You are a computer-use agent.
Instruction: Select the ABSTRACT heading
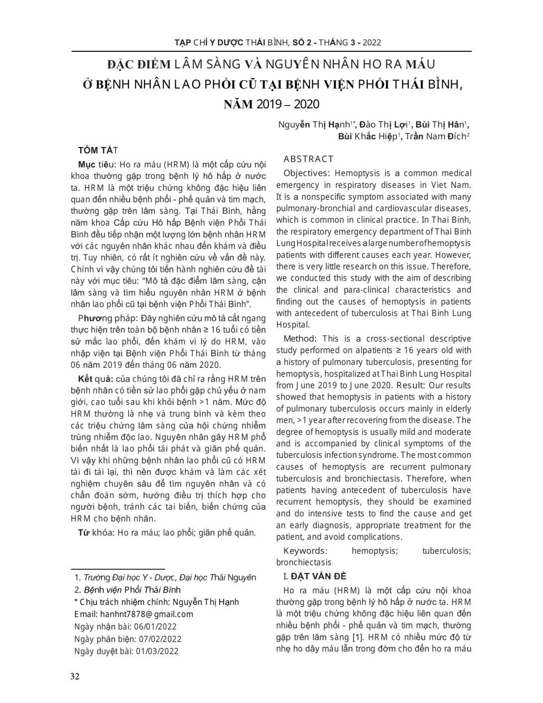click(x=308, y=159)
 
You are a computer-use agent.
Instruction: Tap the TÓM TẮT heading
click(x=98, y=150)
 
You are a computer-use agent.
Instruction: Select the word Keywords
click(x=304, y=551)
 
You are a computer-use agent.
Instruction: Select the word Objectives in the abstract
click(x=305, y=173)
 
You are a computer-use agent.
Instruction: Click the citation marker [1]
click(x=357, y=637)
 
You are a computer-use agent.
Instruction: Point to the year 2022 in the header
click(x=372, y=42)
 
